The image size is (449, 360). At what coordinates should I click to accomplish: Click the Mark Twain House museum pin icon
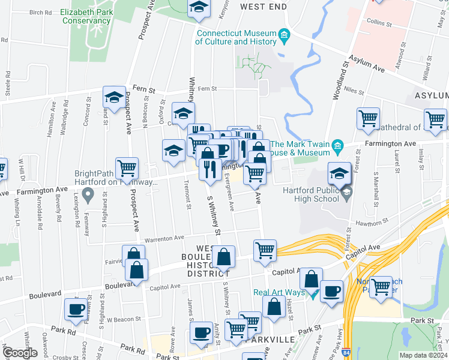pyautogui.click(x=337, y=146)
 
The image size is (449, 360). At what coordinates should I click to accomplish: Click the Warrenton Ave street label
pyautogui.click(x=164, y=238)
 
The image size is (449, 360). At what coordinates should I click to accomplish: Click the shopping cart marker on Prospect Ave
pyautogui.click(x=127, y=169)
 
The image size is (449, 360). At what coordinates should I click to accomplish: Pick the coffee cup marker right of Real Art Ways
pyautogui.click(x=331, y=292)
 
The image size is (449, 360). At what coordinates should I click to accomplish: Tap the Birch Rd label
pyautogui.click(x=40, y=12)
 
